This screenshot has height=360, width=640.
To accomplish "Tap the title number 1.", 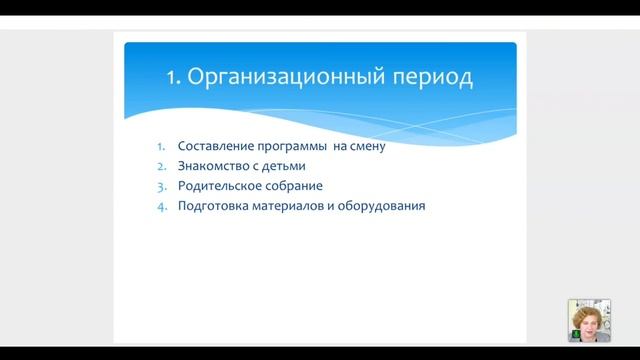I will (170, 77).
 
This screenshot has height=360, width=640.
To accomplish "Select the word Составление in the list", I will (212, 146).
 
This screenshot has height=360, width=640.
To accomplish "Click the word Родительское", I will (217, 186).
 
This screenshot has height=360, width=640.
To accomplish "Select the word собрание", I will (294, 186).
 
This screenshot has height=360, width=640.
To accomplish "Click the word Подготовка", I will (211, 206).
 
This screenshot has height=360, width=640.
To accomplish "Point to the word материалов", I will (284, 206).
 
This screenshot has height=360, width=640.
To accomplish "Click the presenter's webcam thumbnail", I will (589, 320).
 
